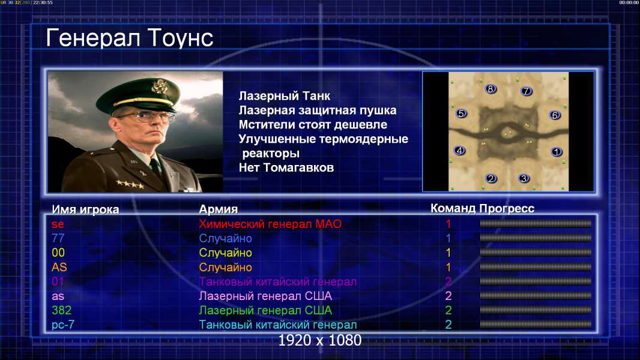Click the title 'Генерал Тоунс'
pos(130,38)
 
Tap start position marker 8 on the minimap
pos(490,88)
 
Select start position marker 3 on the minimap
pos(524,178)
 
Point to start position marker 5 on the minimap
pos(461,113)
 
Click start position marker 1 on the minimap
pos(557,152)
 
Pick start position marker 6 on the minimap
pos(554,115)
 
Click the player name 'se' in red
pos(58,224)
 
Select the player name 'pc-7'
pos(63,325)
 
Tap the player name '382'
pos(62,310)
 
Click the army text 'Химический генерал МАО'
pos(270,224)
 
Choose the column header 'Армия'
pos(219,209)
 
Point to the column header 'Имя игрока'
pos(85,209)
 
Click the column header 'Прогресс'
pos(507,208)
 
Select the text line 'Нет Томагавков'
pos(286,167)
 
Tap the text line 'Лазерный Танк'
pos(285,96)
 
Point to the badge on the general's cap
pos(158,86)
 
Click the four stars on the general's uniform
pos(130,184)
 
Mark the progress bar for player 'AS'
pos(536,267)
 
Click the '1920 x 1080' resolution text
pos(320,340)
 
